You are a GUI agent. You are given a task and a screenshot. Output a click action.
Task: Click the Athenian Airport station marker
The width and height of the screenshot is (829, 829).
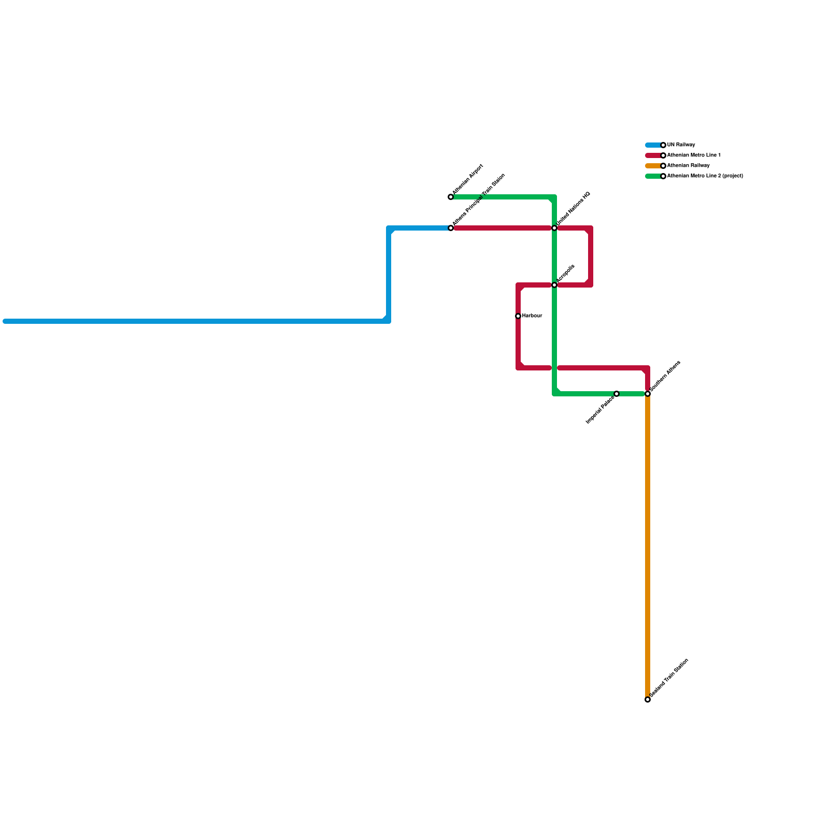(451, 197)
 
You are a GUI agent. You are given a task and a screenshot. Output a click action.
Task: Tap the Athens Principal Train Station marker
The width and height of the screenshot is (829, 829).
(451, 228)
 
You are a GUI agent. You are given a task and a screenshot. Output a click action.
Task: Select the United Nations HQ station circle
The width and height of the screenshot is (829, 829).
(554, 228)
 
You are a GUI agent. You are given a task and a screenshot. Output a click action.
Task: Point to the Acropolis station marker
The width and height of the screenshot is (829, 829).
(554, 285)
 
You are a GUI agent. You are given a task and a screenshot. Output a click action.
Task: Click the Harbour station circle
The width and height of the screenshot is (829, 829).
(518, 316)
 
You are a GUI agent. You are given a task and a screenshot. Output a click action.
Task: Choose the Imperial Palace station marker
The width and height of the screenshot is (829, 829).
(617, 394)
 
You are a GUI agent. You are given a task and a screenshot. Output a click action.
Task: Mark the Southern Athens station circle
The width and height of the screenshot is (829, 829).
(648, 394)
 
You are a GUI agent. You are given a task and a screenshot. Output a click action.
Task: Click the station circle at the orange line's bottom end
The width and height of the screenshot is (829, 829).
(648, 699)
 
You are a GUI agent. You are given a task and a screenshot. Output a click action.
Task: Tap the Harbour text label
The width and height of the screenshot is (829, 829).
(532, 316)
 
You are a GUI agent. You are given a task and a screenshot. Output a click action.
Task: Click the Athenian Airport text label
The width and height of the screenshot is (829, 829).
(468, 180)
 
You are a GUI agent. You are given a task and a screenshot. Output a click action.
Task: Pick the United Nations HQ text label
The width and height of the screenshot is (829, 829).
(574, 209)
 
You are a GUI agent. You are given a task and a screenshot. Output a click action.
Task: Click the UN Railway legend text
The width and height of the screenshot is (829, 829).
(681, 145)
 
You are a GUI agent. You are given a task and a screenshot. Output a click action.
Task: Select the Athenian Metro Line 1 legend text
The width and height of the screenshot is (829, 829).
(694, 155)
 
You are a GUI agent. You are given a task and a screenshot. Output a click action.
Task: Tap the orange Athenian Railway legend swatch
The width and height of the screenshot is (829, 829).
(653, 166)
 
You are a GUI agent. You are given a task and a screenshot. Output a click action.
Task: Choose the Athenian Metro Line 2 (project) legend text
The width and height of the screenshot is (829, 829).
(705, 176)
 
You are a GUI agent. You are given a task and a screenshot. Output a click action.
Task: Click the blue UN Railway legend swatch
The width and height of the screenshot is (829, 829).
(653, 145)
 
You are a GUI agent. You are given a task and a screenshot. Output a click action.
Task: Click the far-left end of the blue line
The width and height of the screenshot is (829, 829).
(5, 321)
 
